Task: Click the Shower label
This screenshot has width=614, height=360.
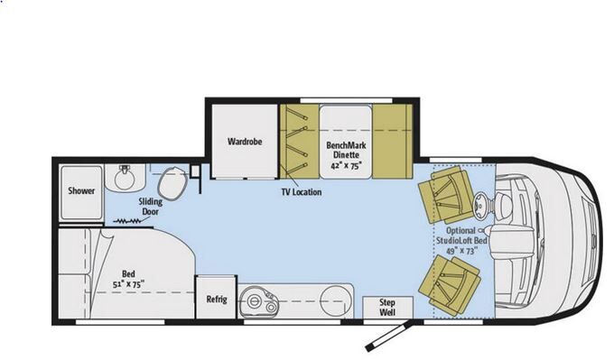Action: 81,190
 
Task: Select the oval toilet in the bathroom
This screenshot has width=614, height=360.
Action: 172,183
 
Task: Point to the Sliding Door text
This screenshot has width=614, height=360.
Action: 151,207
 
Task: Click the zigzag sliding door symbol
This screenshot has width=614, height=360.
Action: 128,221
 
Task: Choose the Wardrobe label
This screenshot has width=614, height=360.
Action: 245,142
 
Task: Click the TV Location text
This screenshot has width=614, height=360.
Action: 302,192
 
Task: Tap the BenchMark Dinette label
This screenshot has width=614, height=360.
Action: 346,151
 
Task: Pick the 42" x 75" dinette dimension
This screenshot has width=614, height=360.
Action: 345,165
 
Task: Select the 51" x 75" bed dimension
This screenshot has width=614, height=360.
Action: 128,284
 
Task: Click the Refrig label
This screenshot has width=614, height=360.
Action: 217,300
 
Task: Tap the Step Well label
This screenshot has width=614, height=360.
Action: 387,307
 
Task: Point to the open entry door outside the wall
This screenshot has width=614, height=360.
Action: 388,337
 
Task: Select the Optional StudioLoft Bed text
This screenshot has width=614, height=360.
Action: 461,235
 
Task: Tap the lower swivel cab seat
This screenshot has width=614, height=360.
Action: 450,285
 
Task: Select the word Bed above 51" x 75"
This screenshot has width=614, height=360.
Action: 128,273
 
